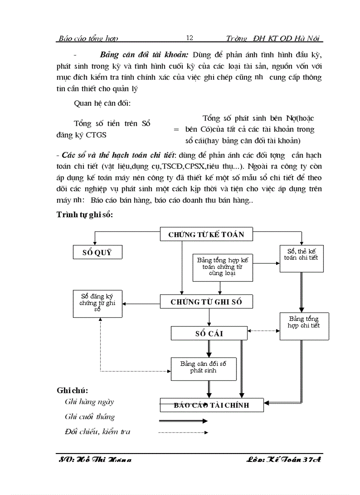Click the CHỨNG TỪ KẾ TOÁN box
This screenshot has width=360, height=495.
pyautogui.click(x=206, y=234)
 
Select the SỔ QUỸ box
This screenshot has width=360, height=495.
pyautogui.click(x=97, y=252)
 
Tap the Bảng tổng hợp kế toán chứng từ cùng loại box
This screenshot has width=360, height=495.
pyautogui.click(x=223, y=267)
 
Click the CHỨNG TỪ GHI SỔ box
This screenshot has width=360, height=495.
pyautogui.click(x=206, y=302)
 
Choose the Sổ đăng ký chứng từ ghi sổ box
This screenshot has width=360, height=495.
pyautogui.click(x=97, y=303)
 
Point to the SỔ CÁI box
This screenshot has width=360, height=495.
pyautogui.click(x=210, y=333)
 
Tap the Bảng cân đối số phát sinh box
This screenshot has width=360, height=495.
pyautogui.click(x=203, y=368)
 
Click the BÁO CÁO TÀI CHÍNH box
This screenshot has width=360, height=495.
pyautogui.click(x=212, y=405)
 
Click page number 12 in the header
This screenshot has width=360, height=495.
pyautogui.click(x=190, y=38)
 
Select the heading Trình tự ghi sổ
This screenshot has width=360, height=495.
pyautogui.click(x=85, y=215)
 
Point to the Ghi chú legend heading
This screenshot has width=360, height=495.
pyautogui.click(x=72, y=391)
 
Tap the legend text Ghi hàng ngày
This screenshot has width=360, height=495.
pyautogui.click(x=89, y=402)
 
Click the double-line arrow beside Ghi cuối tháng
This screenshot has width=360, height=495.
pyautogui.click(x=183, y=421)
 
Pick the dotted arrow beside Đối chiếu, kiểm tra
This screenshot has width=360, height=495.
pyautogui.click(x=183, y=432)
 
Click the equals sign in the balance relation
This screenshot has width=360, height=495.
pyautogui.click(x=176, y=130)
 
